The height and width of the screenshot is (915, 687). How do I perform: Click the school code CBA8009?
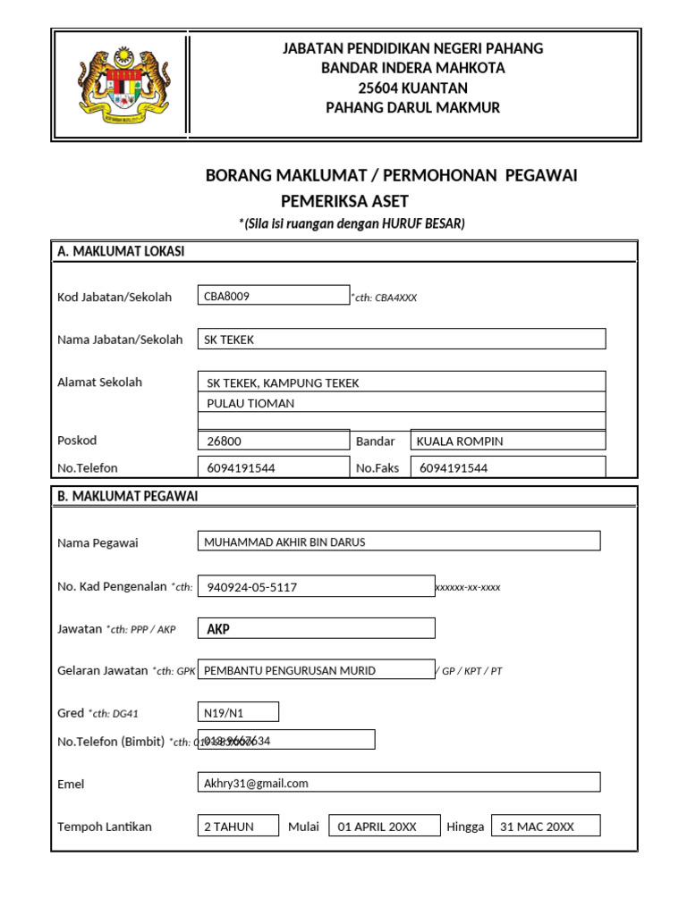227,297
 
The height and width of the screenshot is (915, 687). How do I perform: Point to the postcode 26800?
224,441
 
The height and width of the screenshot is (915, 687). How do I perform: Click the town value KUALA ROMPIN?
460,441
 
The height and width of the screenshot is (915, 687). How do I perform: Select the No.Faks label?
377,467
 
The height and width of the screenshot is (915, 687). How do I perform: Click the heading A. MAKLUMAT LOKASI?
121,252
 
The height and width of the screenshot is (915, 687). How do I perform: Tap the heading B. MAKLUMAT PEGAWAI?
128,496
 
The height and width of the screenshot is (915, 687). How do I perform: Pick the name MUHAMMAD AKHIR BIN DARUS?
284,541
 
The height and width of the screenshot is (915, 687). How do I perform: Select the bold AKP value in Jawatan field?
218,629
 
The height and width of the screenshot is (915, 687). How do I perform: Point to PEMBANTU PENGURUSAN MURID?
290,670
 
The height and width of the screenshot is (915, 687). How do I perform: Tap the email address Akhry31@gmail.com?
256,783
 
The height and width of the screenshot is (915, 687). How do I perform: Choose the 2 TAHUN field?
229,827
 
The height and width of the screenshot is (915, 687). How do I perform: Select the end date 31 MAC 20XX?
537,827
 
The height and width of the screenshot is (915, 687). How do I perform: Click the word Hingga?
465,827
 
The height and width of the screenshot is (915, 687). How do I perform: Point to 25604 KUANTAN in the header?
412,88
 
